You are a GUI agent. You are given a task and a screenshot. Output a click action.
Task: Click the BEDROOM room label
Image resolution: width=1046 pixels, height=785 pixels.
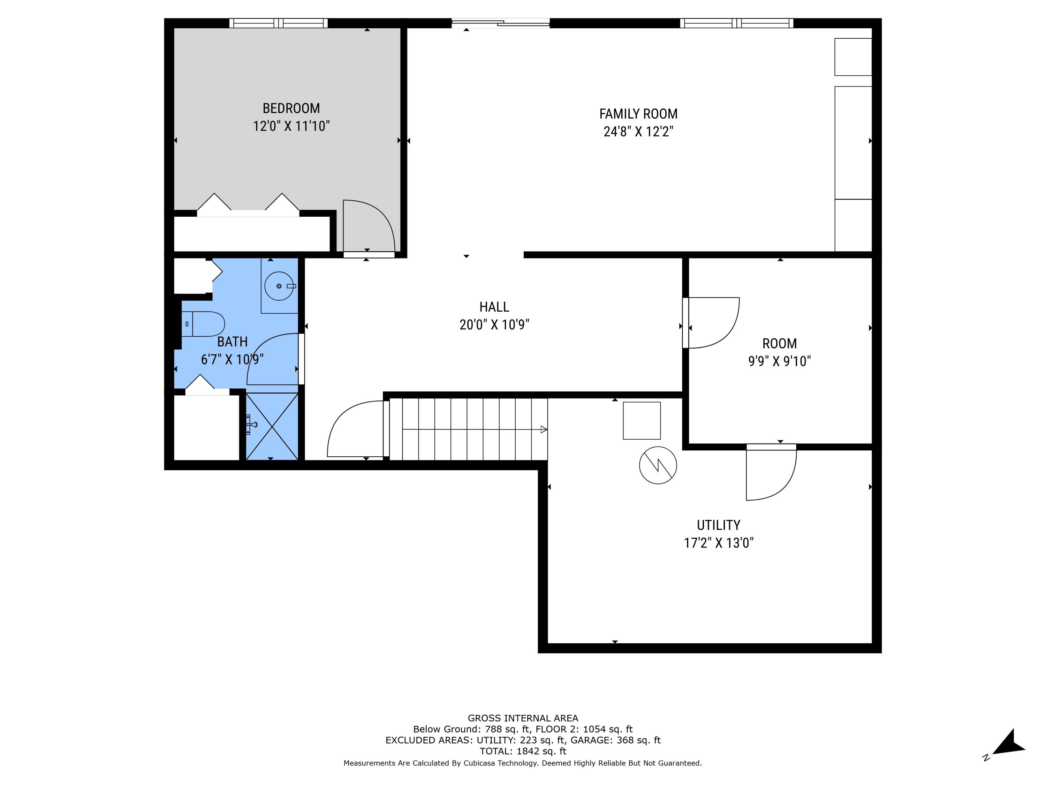tap(291, 109)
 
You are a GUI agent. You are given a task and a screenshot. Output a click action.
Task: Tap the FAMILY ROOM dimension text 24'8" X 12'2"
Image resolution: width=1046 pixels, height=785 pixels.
tap(638, 132)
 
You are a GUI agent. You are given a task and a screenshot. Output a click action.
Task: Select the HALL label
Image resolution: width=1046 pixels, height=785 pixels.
tap(494, 307)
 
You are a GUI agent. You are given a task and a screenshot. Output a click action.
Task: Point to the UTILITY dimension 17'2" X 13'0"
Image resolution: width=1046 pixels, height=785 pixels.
tap(718, 543)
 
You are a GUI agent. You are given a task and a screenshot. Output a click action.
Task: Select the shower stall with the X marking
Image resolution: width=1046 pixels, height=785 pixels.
tap(272, 426)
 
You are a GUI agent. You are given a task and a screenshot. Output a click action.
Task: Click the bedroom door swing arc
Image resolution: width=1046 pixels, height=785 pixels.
tap(373, 222)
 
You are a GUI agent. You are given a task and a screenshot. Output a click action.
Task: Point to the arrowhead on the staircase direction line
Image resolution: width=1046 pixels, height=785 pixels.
tap(544, 429)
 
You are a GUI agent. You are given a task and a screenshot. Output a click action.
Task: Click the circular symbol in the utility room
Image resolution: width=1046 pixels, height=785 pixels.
tap(658, 465)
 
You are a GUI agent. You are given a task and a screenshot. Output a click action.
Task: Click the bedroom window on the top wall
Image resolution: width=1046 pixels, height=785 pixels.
tap(279, 23)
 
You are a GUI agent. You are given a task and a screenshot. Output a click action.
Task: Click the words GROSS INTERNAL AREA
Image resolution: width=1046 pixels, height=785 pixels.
tap(523, 718)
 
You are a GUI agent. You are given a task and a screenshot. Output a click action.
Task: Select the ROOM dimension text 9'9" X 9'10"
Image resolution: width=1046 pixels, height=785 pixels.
tap(779, 361)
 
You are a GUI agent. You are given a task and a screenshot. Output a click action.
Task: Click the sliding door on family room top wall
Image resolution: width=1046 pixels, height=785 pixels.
tap(500, 23)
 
